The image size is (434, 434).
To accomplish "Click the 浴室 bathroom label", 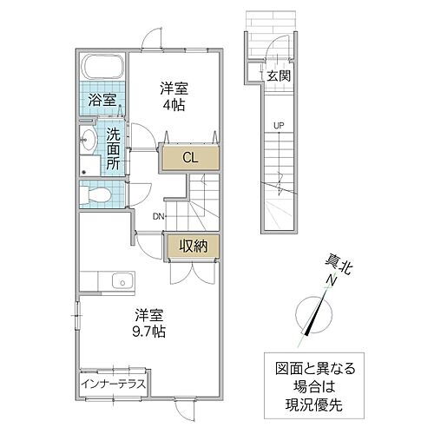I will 103,100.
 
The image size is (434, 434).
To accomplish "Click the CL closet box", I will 188,158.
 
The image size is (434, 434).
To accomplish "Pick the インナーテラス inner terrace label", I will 114,383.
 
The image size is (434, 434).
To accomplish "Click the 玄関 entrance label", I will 278,76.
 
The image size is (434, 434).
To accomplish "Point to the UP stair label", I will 279,126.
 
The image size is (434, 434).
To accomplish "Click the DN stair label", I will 159,217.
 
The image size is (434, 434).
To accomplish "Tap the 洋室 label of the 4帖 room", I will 174,88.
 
